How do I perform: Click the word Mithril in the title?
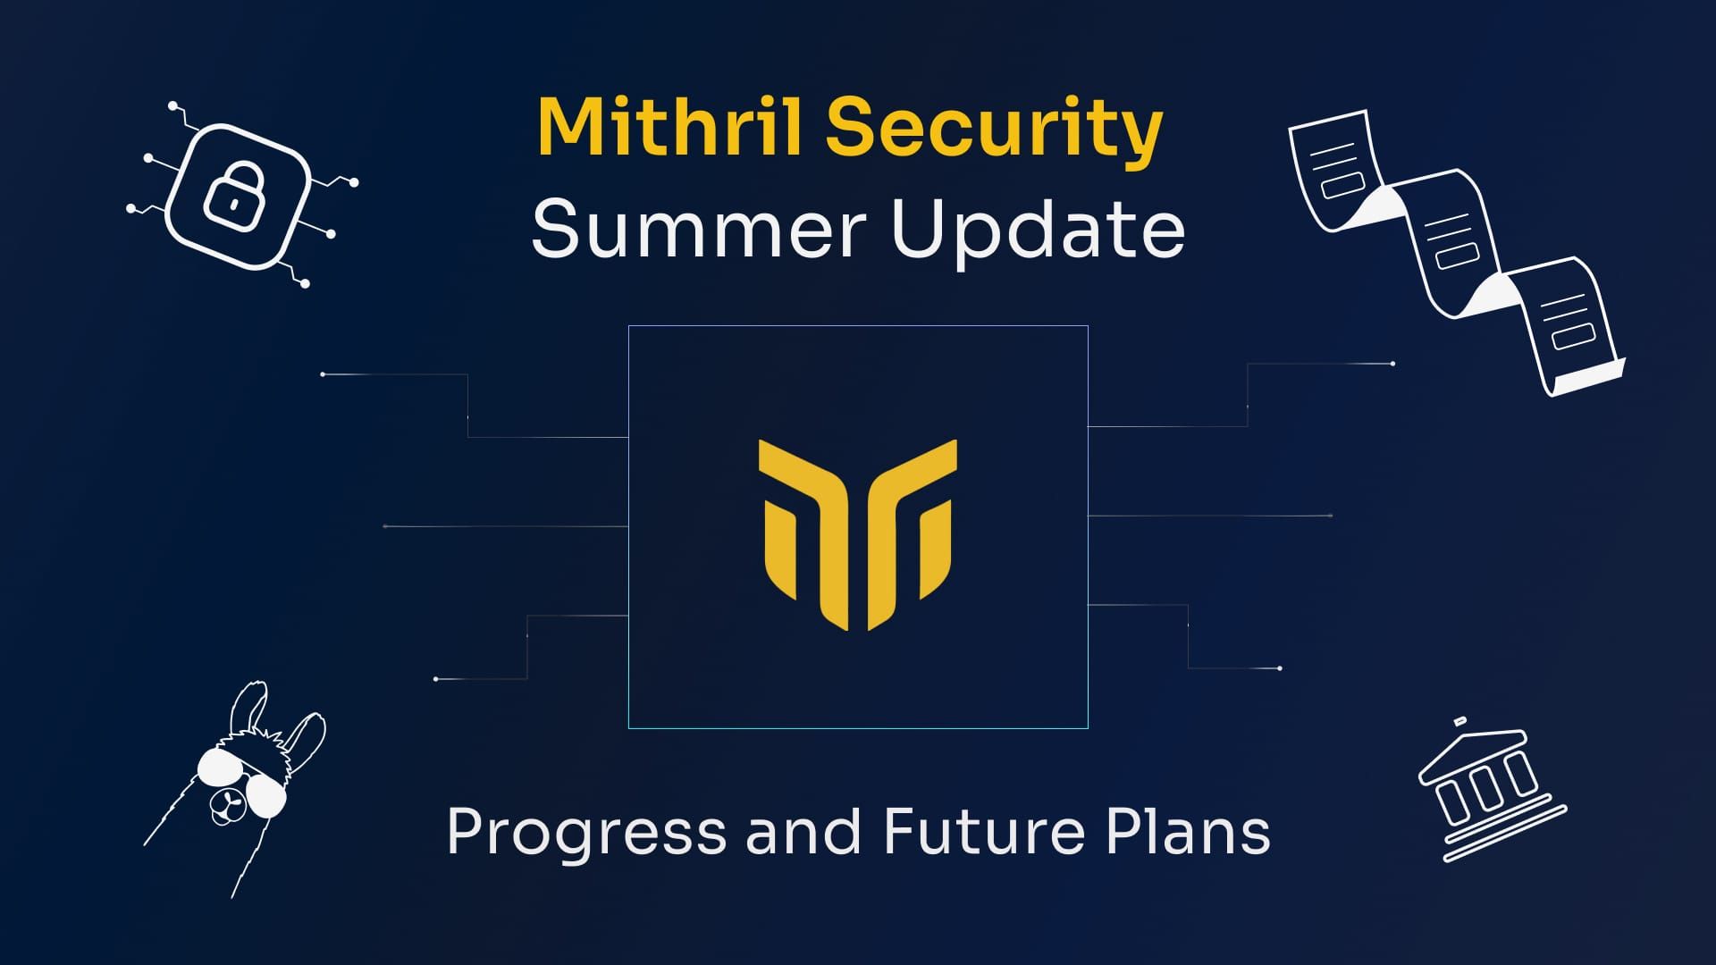[671, 127]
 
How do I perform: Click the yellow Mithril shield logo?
[857, 533]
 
